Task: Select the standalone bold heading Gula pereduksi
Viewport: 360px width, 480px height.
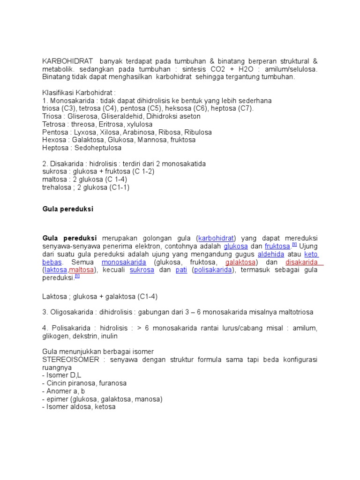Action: [68, 209]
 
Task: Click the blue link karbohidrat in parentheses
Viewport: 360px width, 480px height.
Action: [216, 238]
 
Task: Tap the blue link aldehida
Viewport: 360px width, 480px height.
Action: [271, 254]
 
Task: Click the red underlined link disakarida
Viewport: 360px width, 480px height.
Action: [301, 262]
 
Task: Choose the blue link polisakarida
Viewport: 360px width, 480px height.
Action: [213, 270]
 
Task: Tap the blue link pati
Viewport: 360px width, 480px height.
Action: [181, 270]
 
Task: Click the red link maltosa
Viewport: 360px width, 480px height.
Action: [82, 270]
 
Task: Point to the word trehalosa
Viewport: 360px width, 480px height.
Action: [58, 187]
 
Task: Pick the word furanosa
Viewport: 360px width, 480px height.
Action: [111, 383]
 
